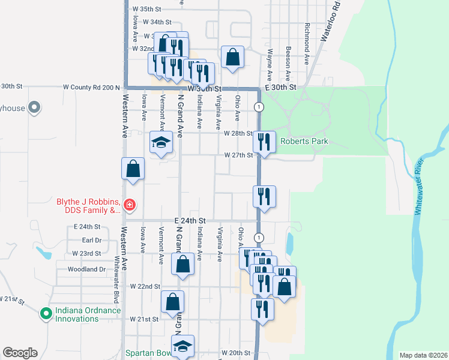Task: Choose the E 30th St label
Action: click(x=281, y=87)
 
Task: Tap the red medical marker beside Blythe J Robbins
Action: click(x=129, y=206)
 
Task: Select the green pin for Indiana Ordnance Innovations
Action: click(x=46, y=313)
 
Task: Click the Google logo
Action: click(x=20, y=352)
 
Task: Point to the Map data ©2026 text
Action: click(x=423, y=355)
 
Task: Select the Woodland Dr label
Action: click(x=87, y=269)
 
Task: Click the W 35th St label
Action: click(x=147, y=9)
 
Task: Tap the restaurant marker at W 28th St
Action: click(x=265, y=142)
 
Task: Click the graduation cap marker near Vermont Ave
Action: click(x=161, y=142)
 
